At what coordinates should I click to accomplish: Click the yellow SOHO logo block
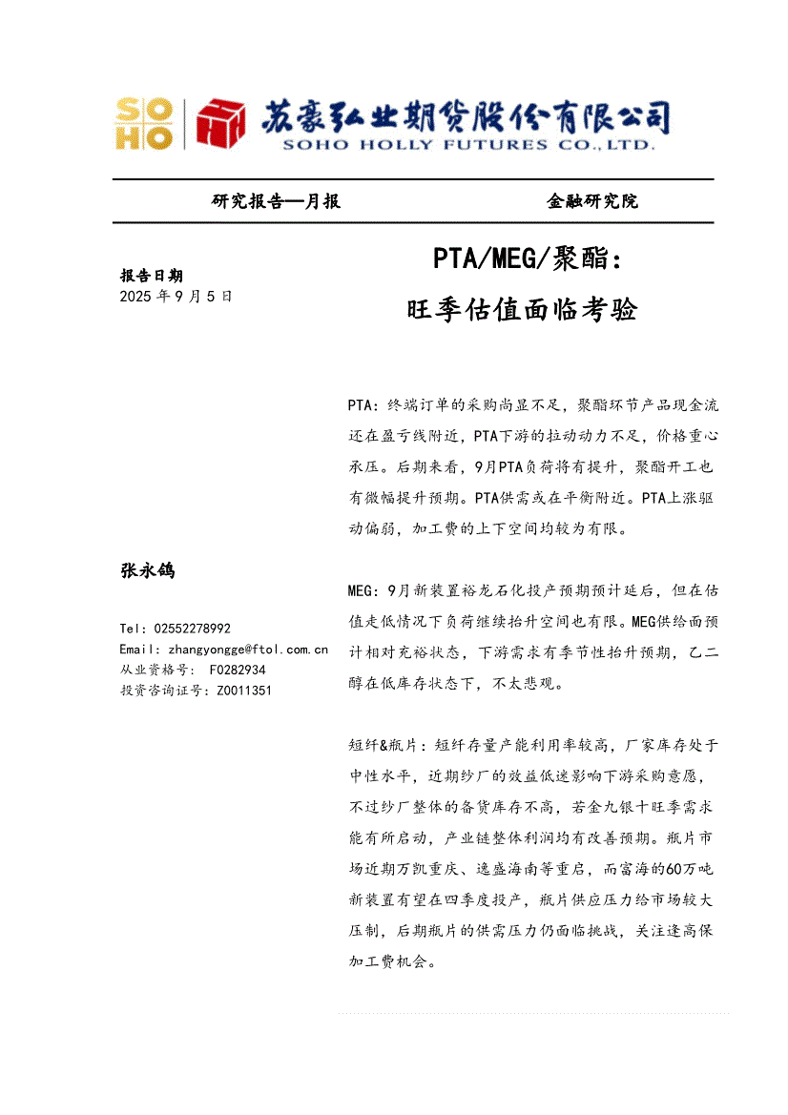pyautogui.click(x=144, y=124)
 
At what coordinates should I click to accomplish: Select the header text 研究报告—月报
pyautogui.click(x=276, y=201)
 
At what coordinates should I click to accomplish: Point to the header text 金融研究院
pyautogui.click(x=591, y=201)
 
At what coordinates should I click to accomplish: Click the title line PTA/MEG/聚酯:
pyautogui.click(x=527, y=258)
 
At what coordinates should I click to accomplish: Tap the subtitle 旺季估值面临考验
pyautogui.click(x=522, y=310)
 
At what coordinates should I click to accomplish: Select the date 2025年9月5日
pyautogui.click(x=176, y=296)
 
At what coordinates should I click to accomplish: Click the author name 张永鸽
pyautogui.click(x=147, y=570)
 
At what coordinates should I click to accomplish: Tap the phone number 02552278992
pyautogui.click(x=192, y=629)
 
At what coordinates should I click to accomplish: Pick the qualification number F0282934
pyautogui.click(x=238, y=671)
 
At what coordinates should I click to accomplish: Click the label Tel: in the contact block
pyautogui.click(x=134, y=629)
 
